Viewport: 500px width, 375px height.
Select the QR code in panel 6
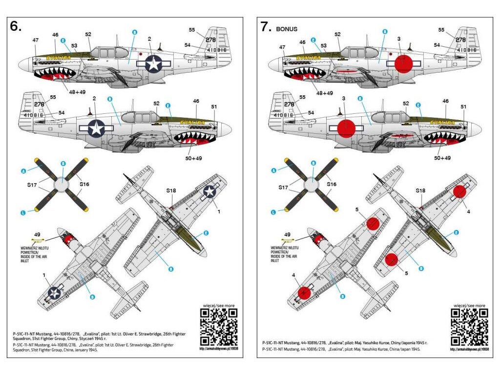219,327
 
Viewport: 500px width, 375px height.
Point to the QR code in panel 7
469,327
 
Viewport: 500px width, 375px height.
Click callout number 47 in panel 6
35,40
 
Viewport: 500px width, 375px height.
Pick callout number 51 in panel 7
464,107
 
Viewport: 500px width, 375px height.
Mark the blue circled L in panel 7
274,212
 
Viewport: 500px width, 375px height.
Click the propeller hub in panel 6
62,185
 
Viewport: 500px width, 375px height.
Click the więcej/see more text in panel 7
469,305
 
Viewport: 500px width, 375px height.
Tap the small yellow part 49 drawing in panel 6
37,240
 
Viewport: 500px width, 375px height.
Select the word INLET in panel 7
276,261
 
